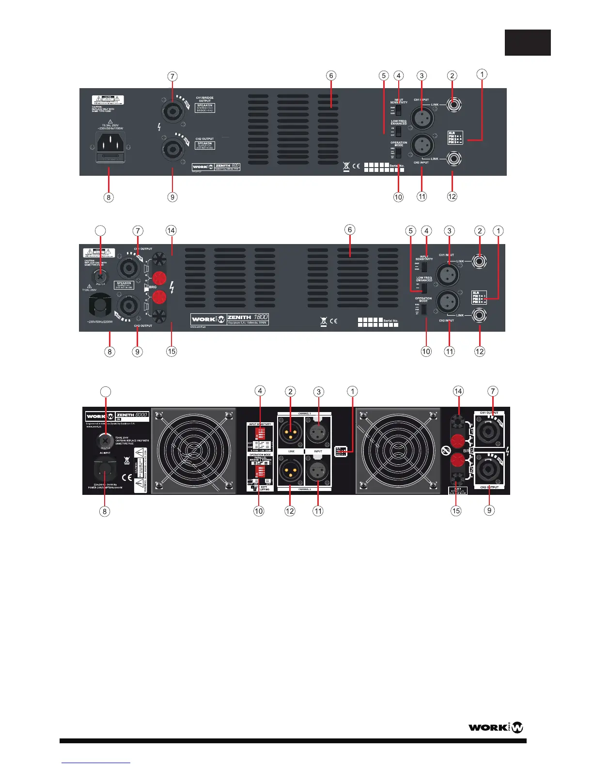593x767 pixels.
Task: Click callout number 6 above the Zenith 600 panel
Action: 331,76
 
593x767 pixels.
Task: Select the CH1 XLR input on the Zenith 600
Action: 422,118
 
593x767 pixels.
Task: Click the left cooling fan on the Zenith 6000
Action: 193,450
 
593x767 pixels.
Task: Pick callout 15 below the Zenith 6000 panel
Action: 456,510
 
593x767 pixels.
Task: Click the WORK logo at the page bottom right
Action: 496,727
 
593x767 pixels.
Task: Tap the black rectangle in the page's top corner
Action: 528,43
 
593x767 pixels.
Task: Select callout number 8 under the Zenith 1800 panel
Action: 110,351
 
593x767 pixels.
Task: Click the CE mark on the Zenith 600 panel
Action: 356,167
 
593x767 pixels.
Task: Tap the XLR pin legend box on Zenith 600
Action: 455,138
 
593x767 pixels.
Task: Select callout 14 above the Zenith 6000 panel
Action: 458,391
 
